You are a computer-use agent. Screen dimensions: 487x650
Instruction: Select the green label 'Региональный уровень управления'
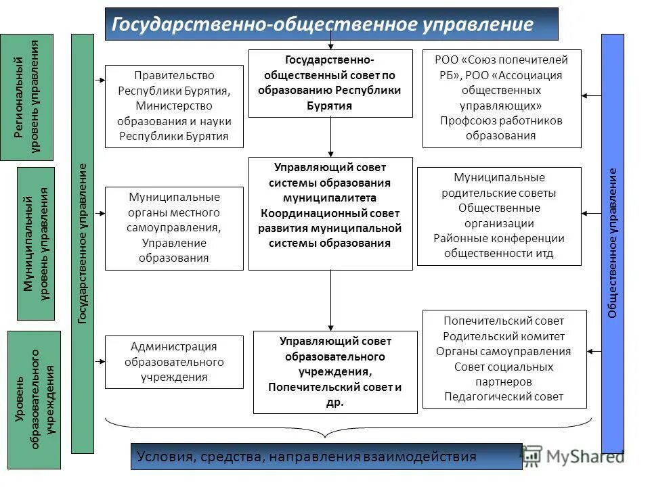coord(26,97)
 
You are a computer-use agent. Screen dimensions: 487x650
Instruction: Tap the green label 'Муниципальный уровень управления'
coord(36,243)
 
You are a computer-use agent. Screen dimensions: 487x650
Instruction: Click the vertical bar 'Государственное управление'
coord(82,243)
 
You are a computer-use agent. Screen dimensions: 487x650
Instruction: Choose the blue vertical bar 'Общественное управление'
coord(612,243)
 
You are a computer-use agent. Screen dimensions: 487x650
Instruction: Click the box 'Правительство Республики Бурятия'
coord(174,106)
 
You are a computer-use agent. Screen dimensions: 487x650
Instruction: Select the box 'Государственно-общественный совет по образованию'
coord(330,83)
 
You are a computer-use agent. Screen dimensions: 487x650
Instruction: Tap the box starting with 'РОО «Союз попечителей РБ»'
coord(501,99)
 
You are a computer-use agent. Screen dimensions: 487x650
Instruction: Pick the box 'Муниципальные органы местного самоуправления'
coord(174,228)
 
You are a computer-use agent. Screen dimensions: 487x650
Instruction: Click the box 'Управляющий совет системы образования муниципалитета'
coord(330,214)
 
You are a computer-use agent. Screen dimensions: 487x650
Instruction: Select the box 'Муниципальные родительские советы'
coord(499,216)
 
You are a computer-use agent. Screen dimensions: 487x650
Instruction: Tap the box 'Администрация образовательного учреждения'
coord(174,362)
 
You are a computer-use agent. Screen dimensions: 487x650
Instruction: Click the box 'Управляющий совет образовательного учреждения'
coord(335,372)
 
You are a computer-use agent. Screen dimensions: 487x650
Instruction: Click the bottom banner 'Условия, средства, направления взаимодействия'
coord(326,457)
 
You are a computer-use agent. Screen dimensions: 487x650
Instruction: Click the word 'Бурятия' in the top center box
coord(330,106)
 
